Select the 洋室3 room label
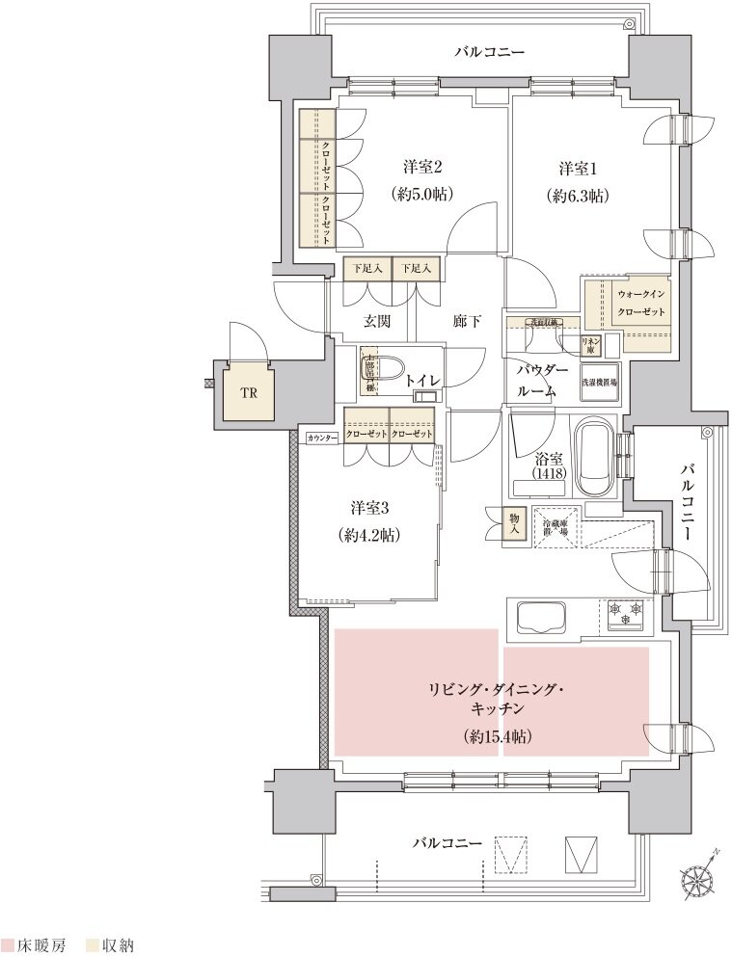pyautogui.click(x=370, y=507)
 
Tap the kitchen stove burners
pyautogui.click(x=626, y=612)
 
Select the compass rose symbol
pyautogui.click(x=699, y=878)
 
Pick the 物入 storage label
pyautogui.click(x=515, y=525)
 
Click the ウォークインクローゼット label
pyautogui.click(x=641, y=305)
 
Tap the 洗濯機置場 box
pyautogui.click(x=600, y=381)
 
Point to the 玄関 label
pyautogui.click(x=376, y=321)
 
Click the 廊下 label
pyautogui.click(x=466, y=321)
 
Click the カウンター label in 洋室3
pyautogui.click(x=321, y=439)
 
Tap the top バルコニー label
pyautogui.click(x=491, y=51)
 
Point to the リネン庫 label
pyautogui.click(x=590, y=345)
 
